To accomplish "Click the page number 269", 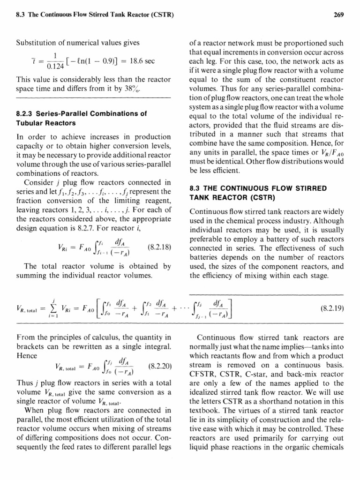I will pyautogui.click(x=339, y=15).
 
